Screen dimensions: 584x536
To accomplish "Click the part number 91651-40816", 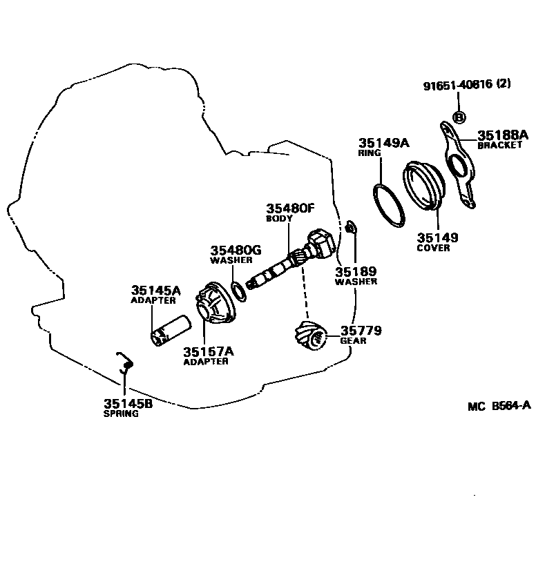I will tap(459, 85).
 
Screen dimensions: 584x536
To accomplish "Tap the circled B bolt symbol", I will tap(458, 116).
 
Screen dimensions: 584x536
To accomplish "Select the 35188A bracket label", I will tap(502, 135).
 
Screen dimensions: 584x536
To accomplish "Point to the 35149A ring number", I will tap(383, 144).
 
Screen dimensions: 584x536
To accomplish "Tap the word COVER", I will tap(433, 249).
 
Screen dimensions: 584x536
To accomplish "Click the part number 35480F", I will tap(290, 208).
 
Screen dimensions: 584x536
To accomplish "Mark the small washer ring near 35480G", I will tap(238, 291).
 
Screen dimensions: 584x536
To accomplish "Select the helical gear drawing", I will tap(309, 336).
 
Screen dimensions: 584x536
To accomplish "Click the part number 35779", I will tap(361, 331).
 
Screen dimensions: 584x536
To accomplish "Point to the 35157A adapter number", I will tap(208, 351).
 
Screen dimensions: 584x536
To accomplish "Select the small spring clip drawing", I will tap(124, 362).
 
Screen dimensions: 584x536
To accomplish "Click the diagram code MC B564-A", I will tap(498, 407).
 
